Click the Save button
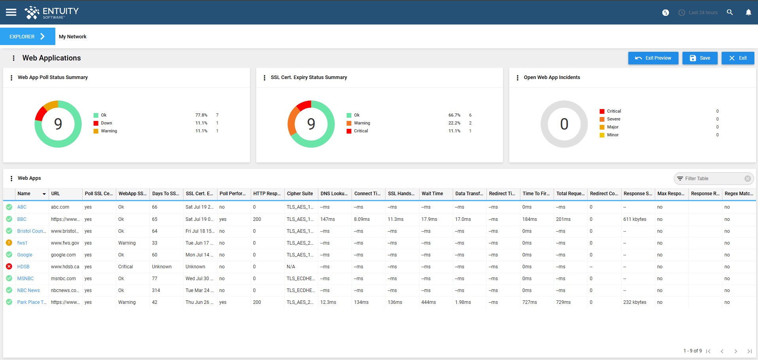[699, 58]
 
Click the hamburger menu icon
[11, 12]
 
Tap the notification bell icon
[748, 12]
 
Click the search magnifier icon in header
[730, 12]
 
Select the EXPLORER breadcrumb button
[27, 36]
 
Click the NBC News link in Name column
[28, 290]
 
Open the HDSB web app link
[23, 267]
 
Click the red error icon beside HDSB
[9, 267]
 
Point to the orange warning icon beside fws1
[9, 243]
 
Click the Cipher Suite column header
[300, 194]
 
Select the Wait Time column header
[432, 194]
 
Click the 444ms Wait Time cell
[429, 302]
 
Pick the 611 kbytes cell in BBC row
[635, 219]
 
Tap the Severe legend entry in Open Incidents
[613, 119]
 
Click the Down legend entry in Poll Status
[106, 123]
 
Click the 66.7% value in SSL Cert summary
[454, 115]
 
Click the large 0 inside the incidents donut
[564, 124]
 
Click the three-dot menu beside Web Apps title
[11, 179]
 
